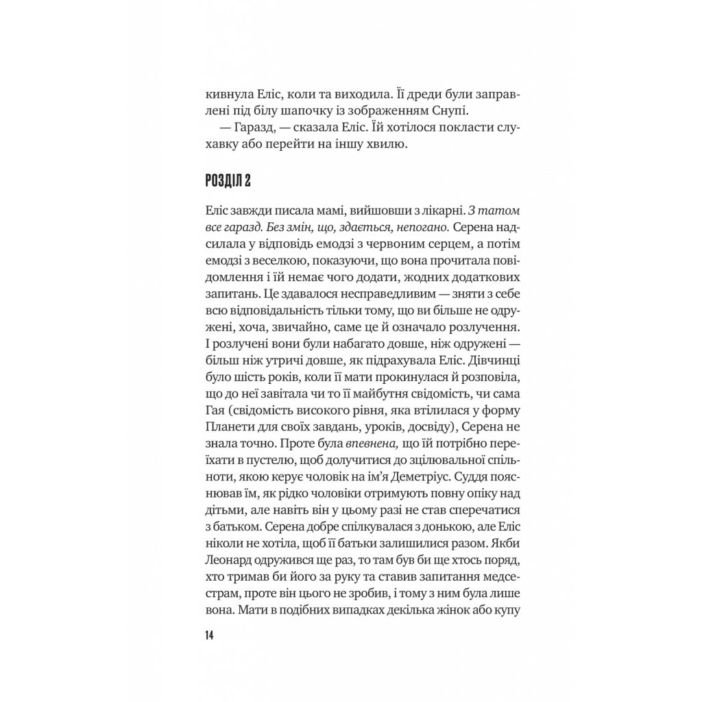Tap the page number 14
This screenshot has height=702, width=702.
click(208, 635)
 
